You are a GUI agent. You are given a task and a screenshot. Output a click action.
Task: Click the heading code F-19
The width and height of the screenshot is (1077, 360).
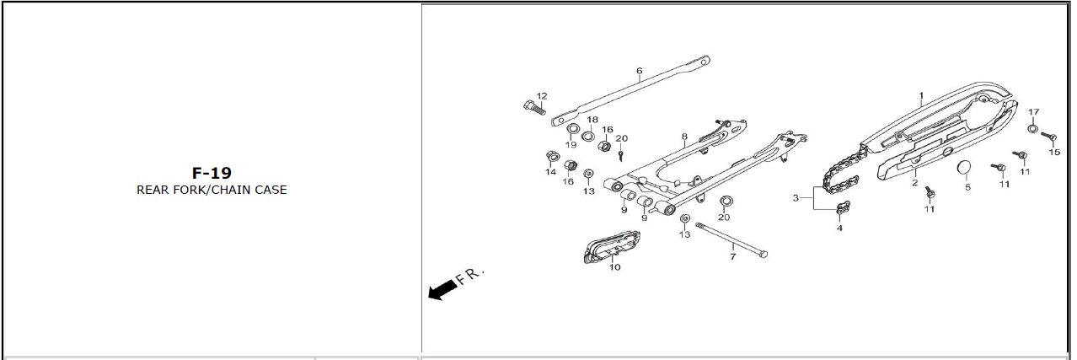pos(212,173)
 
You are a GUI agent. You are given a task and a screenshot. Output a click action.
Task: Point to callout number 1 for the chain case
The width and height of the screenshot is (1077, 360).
pos(921,96)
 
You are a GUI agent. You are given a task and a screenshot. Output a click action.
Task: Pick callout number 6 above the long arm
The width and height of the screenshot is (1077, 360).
pos(640,71)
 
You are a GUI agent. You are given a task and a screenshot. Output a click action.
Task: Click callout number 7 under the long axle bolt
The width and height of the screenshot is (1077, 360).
pos(732,255)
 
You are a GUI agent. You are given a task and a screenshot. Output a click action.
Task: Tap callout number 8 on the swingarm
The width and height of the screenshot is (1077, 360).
pos(684,136)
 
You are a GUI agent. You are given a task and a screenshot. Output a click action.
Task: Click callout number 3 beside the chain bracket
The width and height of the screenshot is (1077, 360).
pos(795,198)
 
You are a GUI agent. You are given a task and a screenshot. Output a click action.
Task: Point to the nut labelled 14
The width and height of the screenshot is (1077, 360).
pos(550,156)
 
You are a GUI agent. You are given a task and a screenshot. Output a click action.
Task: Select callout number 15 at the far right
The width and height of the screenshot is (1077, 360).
pos(1054,153)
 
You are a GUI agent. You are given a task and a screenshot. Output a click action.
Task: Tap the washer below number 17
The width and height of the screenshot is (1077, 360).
pos(1032,129)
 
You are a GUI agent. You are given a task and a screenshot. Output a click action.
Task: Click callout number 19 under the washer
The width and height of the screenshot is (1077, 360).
pos(571,145)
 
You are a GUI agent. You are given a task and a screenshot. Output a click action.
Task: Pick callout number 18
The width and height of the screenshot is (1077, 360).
pos(592,120)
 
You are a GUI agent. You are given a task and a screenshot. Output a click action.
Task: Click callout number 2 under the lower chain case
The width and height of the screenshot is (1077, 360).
pos(914,182)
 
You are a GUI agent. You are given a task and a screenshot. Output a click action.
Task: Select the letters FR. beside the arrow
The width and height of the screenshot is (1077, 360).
pos(469,277)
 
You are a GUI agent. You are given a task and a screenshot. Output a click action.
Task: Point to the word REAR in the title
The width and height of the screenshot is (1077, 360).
pos(153,190)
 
